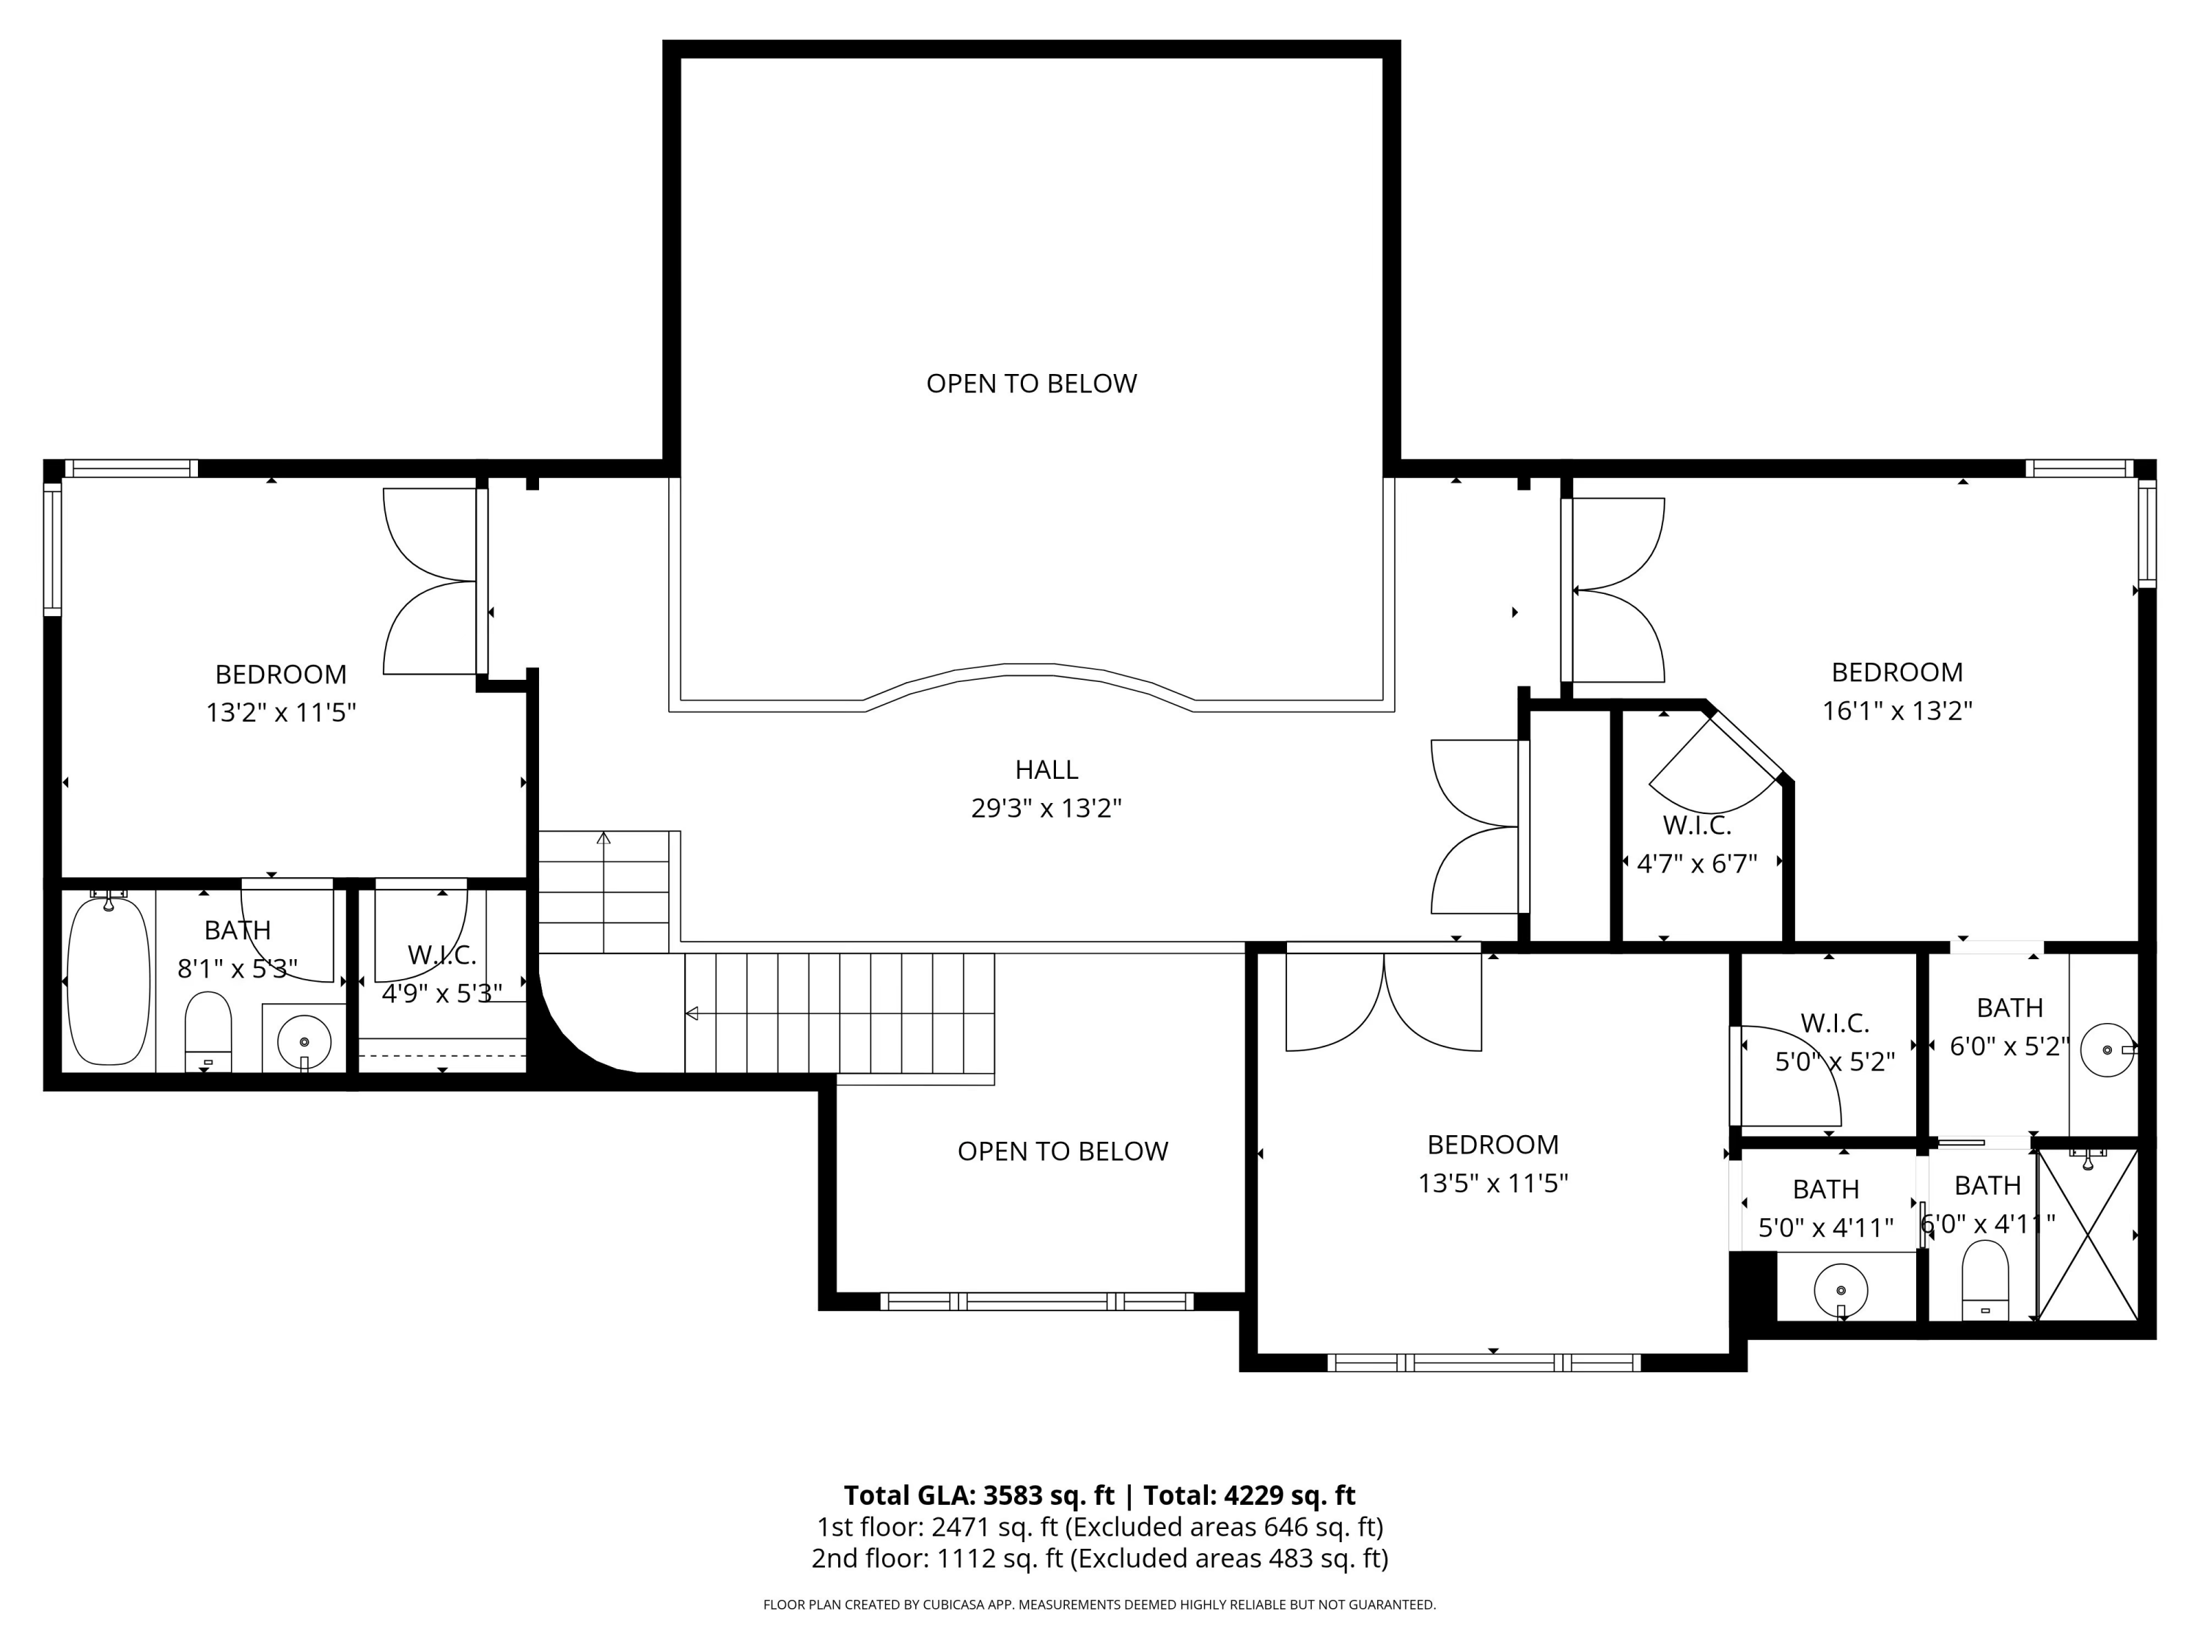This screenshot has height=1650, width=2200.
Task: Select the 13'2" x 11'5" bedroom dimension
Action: (280, 713)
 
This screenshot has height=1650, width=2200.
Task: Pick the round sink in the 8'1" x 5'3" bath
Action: (304, 1041)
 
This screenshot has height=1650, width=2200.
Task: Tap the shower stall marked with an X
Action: (2086, 1234)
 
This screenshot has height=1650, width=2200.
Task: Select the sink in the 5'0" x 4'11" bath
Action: (1840, 1291)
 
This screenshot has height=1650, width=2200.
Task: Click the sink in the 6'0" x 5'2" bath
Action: (2108, 1049)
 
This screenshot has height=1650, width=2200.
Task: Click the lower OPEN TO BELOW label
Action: (1062, 1151)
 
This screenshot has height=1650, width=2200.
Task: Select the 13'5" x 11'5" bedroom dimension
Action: (1493, 1184)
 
